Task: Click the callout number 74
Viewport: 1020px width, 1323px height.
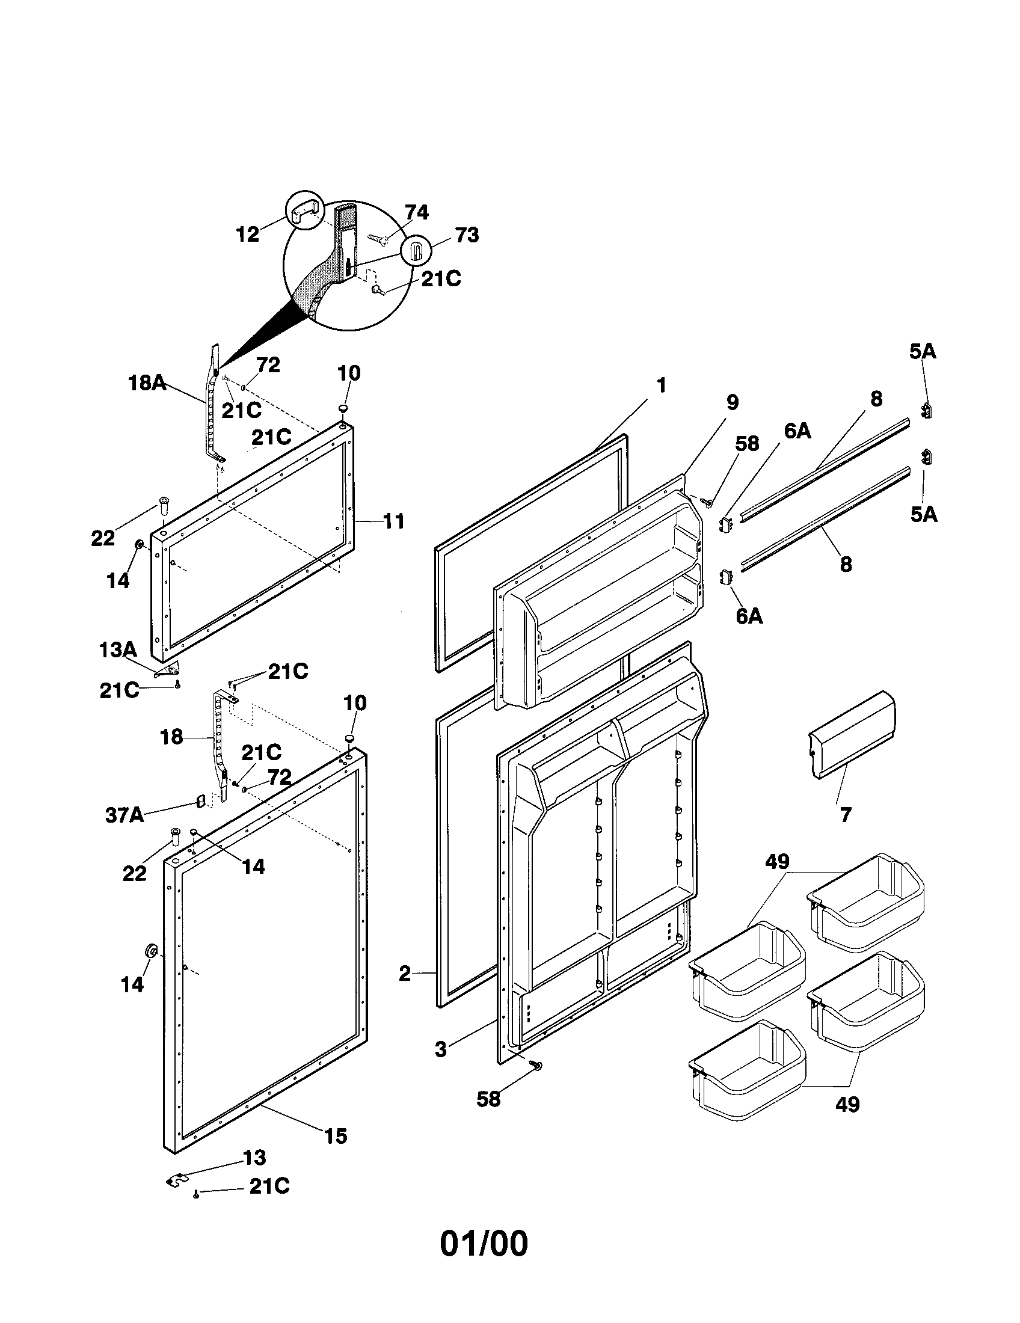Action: pos(416,213)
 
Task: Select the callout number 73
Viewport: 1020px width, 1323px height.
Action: pos(466,235)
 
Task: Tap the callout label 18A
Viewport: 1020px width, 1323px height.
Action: pos(147,383)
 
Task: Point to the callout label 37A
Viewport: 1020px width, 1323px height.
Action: pos(124,815)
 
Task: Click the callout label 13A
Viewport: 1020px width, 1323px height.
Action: pos(117,651)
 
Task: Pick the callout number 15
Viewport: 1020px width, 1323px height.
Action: pos(336,1137)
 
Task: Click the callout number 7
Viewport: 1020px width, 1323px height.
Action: pos(846,814)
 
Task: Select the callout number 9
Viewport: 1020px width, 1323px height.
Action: pos(733,402)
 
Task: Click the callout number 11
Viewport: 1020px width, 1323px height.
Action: pos(394,521)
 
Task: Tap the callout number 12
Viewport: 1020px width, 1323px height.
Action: pos(247,235)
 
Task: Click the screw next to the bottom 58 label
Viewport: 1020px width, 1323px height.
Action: pos(536,1065)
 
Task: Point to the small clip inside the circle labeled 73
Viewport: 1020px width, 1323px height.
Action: pos(416,250)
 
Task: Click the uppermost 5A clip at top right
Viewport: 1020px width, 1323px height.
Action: pos(926,411)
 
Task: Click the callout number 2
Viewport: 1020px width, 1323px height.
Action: pos(405,974)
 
